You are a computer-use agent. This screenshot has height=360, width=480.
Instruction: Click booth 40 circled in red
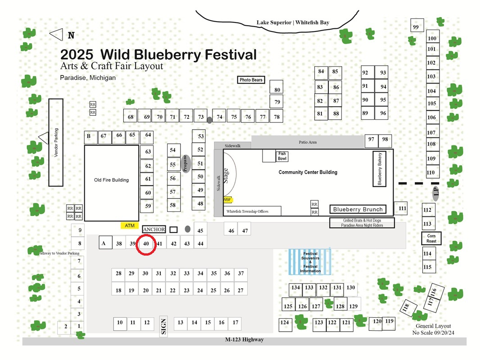pyautogui.click(x=146, y=244)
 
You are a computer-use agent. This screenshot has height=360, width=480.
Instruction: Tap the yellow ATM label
pyautogui.click(x=130, y=226)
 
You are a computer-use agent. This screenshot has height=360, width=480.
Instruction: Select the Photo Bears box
pyautogui.click(x=251, y=80)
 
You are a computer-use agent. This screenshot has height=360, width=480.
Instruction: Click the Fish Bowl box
pyautogui.click(x=282, y=156)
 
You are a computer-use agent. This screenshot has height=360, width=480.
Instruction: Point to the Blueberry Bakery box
pyautogui.click(x=379, y=169)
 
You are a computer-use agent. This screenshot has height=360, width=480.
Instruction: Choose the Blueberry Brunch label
pyautogui.click(x=358, y=209)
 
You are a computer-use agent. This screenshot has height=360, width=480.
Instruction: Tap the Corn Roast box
pyautogui.click(x=431, y=238)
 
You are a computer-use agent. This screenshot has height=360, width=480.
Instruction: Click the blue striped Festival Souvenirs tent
pyautogui.click(x=310, y=262)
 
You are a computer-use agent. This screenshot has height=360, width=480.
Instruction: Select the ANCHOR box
pyautogui.click(x=154, y=229)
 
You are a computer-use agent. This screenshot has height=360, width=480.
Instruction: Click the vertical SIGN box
pyautogui.click(x=163, y=326)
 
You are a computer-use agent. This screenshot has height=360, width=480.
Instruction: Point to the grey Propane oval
pyautogui.click(x=186, y=164)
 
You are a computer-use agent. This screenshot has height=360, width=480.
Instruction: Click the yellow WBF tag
pyautogui.click(x=227, y=200)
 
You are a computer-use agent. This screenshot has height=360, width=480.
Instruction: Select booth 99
pyautogui.click(x=417, y=25)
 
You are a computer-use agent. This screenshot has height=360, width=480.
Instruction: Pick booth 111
pyautogui.click(x=400, y=208)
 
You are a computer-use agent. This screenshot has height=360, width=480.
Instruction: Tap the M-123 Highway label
pyautogui.click(x=245, y=339)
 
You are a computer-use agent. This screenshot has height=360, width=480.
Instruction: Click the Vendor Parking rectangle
pyautogui.click(x=56, y=143)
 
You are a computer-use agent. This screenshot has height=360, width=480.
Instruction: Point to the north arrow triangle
pyautogui.click(x=56, y=35)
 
